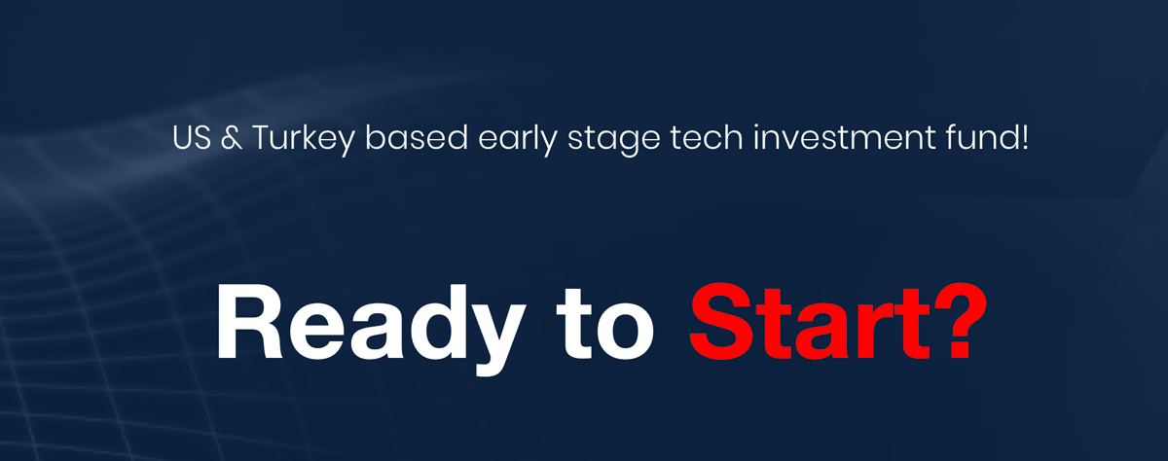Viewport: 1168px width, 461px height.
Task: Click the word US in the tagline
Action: point(192,137)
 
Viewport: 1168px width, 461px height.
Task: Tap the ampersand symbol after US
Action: point(232,138)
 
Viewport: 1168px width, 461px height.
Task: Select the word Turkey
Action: point(304,140)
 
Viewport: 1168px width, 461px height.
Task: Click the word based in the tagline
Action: point(417,137)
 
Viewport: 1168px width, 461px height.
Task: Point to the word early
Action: point(517,140)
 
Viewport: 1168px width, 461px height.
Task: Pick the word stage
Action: point(614,141)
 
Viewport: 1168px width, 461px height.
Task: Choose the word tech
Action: point(707,137)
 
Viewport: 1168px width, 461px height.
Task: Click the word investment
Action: point(844,137)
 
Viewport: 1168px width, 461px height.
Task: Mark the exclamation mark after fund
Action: point(1025,138)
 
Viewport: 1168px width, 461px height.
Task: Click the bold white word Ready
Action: point(371,329)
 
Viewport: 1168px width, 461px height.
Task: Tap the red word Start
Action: point(810,323)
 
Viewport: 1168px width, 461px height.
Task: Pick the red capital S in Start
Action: point(721,322)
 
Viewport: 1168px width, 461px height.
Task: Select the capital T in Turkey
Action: point(264,137)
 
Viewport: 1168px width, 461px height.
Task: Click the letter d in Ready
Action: point(437,323)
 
